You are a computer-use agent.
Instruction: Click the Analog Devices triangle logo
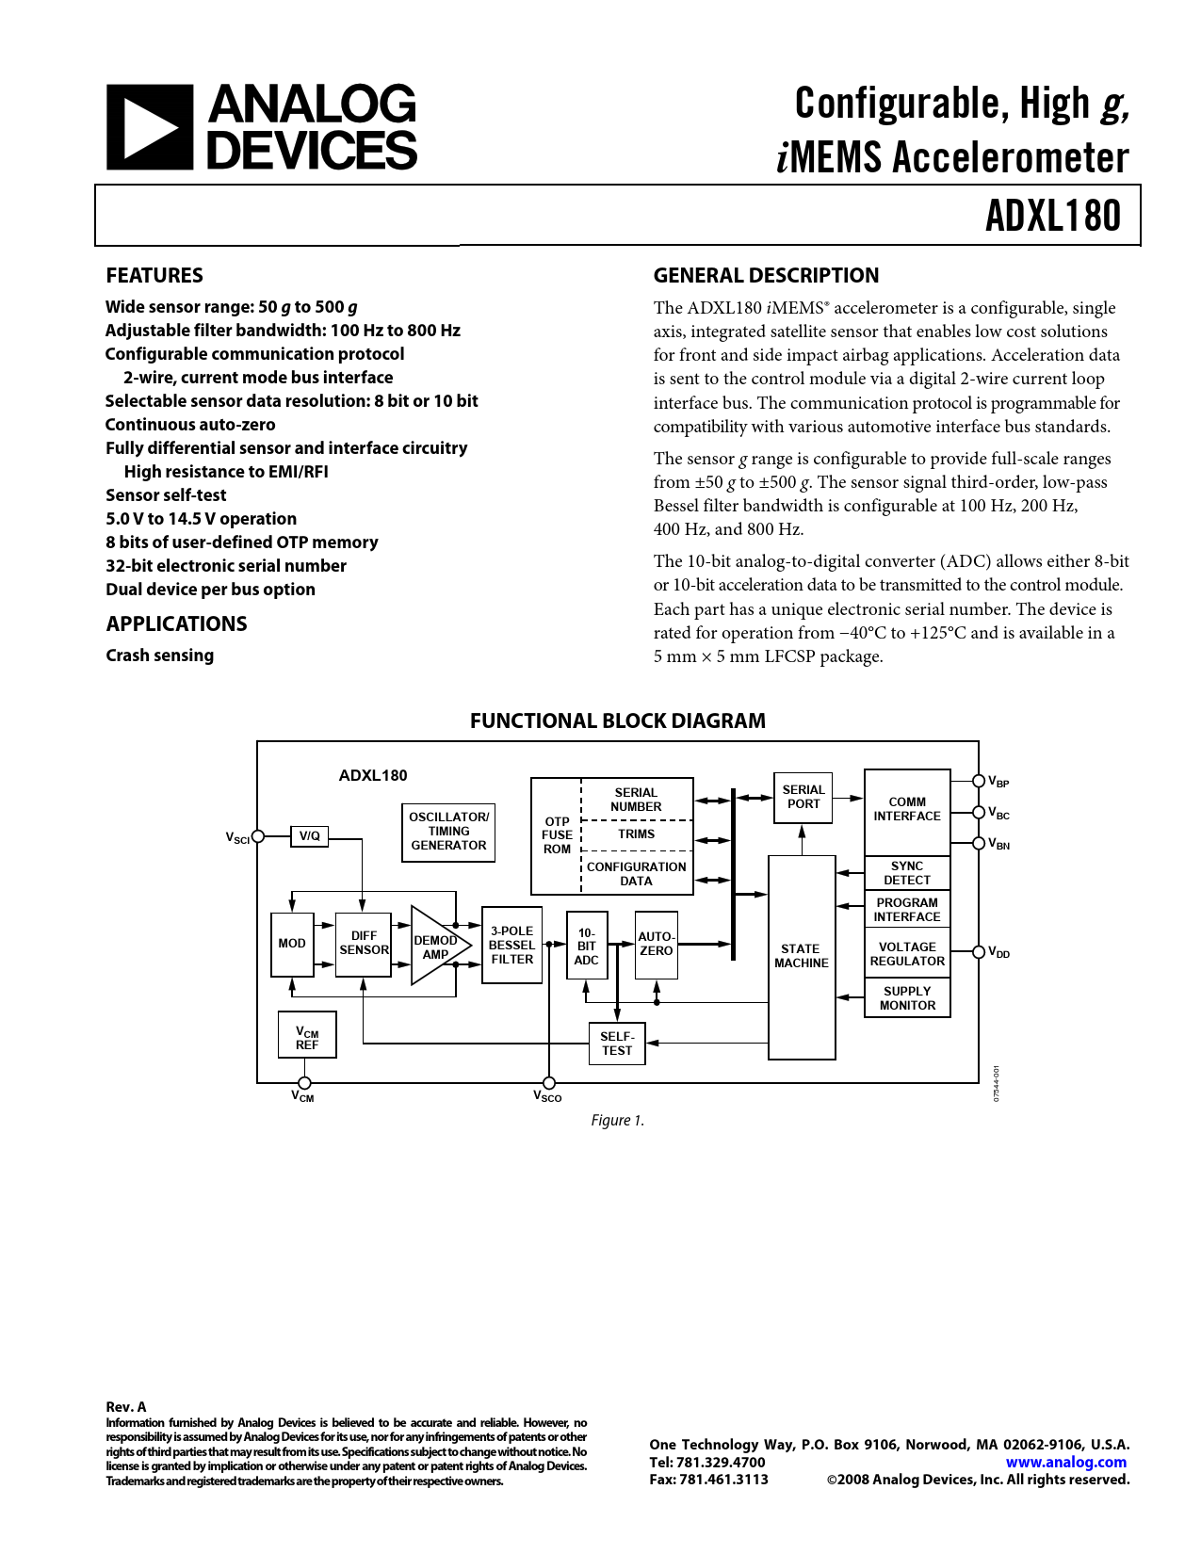[x=149, y=127]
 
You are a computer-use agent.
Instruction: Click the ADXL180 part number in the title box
[x=1052, y=216]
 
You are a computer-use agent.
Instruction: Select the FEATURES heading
[x=154, y=276]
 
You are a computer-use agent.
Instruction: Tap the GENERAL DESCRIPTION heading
[x=766, y=276]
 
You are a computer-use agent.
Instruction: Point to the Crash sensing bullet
[x=160, y=656]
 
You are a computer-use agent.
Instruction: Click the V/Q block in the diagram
[x=309, y=835]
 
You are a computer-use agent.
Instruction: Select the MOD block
[x=292, y=944]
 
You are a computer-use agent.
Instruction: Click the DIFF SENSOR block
[x=364, y=944]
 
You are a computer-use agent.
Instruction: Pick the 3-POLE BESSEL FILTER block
[x=511, y=946]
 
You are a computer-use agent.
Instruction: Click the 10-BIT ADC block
[x=587, y=946]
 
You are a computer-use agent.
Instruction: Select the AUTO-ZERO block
[x=657, y=945]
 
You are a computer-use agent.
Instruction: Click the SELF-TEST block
[x=617, y=1044]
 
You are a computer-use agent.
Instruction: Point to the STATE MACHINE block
[x=802, y=957]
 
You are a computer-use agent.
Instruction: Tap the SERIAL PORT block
[x=803, y=798]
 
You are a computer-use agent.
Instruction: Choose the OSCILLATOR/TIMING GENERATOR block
[x=448, y=832]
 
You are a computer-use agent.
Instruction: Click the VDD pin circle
[x=979, y=952]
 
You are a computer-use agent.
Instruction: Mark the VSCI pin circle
[x=257, y=835]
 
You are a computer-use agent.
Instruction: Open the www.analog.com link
[x=1065, y=1463]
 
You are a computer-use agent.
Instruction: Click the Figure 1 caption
[x=617, y=1120]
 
